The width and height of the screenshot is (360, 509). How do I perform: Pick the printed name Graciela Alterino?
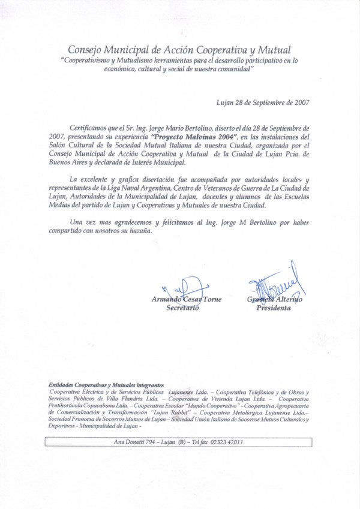tap(274, 300)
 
